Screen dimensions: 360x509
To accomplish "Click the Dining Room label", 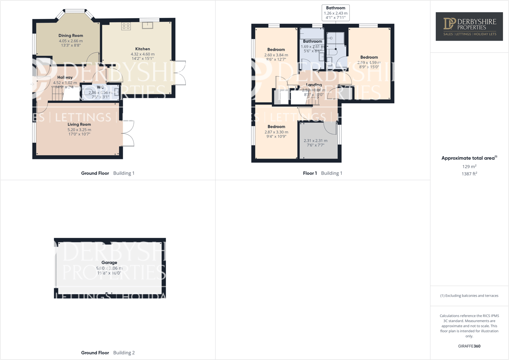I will [71, 36].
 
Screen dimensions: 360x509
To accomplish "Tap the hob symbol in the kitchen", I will [126, 26].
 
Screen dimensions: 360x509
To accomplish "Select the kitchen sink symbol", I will [148, 25].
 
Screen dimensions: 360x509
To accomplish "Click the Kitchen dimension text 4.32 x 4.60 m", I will [143, 54].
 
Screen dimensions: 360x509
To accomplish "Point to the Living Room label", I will [79, 124].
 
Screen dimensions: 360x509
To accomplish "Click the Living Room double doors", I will [128, 134].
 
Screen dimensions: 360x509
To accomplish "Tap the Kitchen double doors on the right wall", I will [179, 73].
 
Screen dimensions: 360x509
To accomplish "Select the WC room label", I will [100, 87].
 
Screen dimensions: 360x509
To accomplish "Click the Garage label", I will [109, 263].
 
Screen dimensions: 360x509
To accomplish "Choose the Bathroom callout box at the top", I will [336, 13].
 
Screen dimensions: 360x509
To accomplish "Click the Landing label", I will [314, 85].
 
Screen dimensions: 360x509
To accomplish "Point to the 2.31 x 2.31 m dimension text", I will [316, 141].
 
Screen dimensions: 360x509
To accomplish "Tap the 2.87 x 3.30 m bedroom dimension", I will [276, 132].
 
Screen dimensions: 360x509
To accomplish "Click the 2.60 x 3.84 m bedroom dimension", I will [276, 55].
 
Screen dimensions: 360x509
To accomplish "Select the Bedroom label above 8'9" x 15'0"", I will [369, 57].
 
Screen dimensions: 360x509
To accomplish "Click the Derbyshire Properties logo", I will [469, 27].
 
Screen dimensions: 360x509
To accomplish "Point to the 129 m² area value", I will [469, 167].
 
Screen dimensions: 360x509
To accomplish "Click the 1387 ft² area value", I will [469, 174].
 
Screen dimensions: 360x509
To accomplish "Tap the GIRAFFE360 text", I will [469, 346].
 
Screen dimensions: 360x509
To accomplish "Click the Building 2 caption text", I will [124, 353].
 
